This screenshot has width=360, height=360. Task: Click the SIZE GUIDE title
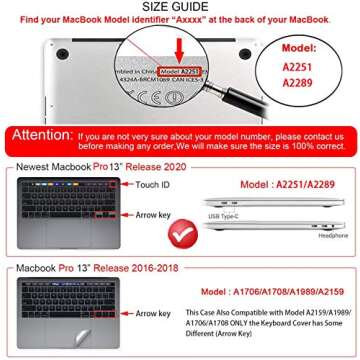click(x=180, y=7)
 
